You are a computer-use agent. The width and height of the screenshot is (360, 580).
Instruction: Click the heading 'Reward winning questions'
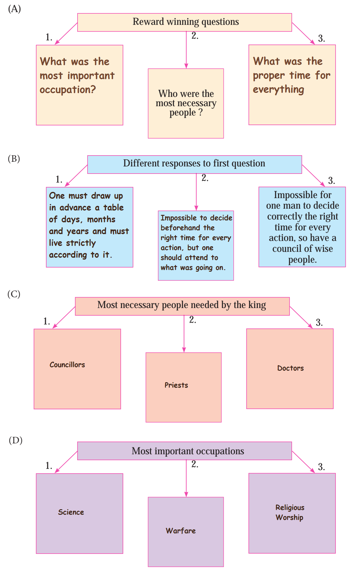[x=186, y=22]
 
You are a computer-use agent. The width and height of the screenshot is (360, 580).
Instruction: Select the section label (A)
[x=14, y=9]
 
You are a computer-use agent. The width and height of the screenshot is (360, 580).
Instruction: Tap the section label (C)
[x=14, y=294]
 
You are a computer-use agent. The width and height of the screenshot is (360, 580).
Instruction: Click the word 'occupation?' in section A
[x=68, y=90]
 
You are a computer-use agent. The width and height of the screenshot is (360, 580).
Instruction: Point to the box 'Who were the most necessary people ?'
[x=186, y=103]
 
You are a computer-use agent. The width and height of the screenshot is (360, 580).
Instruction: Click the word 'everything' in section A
[x=278, y=89]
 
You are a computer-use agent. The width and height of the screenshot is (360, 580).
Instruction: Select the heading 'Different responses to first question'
[x=194, y=163]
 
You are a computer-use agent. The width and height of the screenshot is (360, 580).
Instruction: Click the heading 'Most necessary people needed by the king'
[x=182, y=305]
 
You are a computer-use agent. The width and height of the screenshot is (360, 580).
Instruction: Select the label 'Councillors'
[x=67, y=365]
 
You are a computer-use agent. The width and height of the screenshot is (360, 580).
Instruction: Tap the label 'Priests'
[x=176, y=385]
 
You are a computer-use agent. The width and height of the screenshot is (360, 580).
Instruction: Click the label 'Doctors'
[x=290, y=368]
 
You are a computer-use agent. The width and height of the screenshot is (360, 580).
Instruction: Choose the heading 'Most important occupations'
[x=188, y=451]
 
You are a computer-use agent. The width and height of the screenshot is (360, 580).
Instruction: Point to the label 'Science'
[x=71, y=512]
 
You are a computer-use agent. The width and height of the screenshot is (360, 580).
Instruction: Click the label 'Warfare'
[x=181, y=531]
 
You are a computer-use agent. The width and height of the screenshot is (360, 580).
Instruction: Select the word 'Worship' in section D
[x=289, y=517]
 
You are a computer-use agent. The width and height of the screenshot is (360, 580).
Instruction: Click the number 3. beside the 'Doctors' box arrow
[x=319, y=323]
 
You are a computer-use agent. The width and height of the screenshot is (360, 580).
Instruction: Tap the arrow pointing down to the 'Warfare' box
[x=186, y=478]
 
